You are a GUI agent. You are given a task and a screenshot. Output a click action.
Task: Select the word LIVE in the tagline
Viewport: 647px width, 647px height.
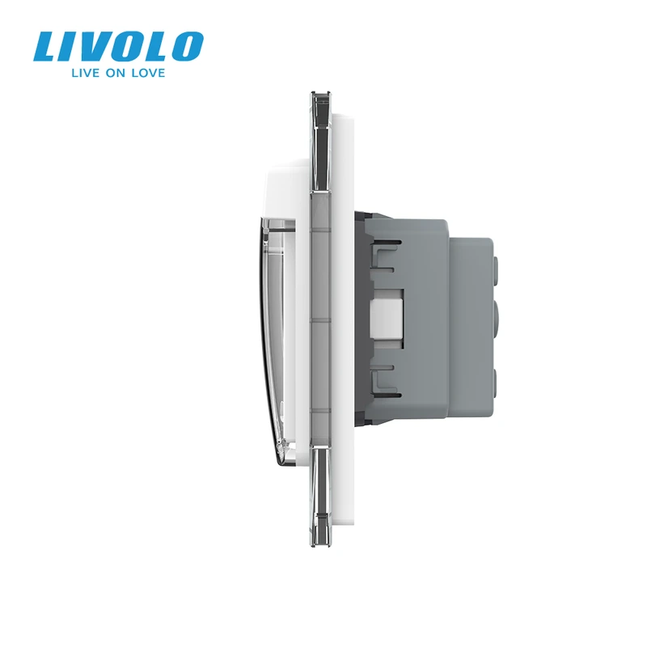coord(86,73)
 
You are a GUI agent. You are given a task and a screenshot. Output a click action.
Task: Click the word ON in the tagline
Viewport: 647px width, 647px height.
coord(116,73)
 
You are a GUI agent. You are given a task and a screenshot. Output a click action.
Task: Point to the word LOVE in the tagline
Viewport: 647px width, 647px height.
coord(149,73)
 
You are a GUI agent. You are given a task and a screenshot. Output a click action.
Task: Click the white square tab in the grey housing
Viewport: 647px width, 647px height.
coord(387,311)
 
